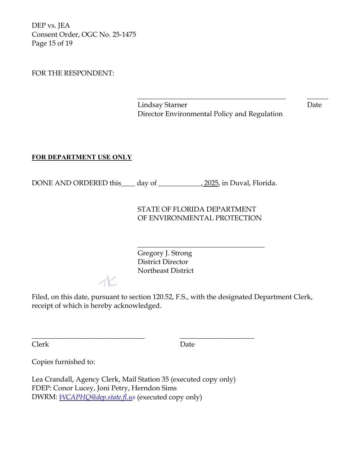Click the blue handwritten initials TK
[x=108, y=281]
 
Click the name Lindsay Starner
[x=162, y=105]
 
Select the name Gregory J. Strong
[x=165, y=253]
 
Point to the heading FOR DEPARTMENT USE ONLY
[x=82, y=157]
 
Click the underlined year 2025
[x=211, y=183]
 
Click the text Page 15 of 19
[x=52, y=43]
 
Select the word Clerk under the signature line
[x=40, y=344]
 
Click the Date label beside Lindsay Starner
[x=314, y=105]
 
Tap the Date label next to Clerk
[x=187, y=344]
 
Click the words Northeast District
[x=165, y=271]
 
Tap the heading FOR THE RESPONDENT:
[x=73, y=73]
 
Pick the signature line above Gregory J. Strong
[x=201, y=247]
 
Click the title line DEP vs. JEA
[x=51, y=25]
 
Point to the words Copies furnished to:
[x=63, y=362]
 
